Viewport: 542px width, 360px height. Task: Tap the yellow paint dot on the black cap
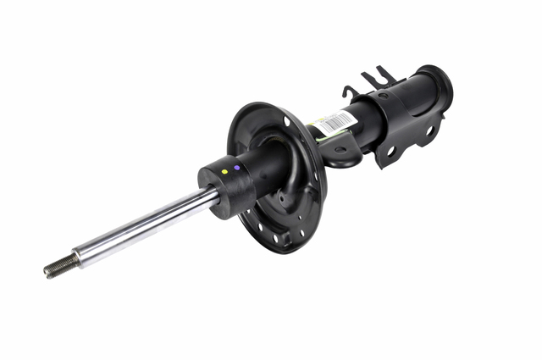pyautogui.click(x=224, y=172)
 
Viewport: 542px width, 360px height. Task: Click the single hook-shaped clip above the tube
pyautogui.click(x=349, y=91)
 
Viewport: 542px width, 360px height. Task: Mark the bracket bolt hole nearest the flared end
pyautogui.click(x=429, y=131)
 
